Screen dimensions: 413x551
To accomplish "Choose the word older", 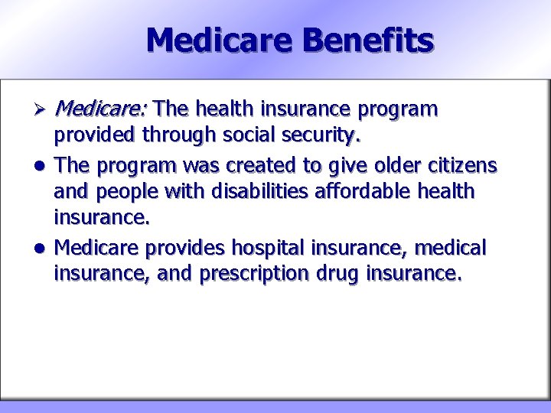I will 386,165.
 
